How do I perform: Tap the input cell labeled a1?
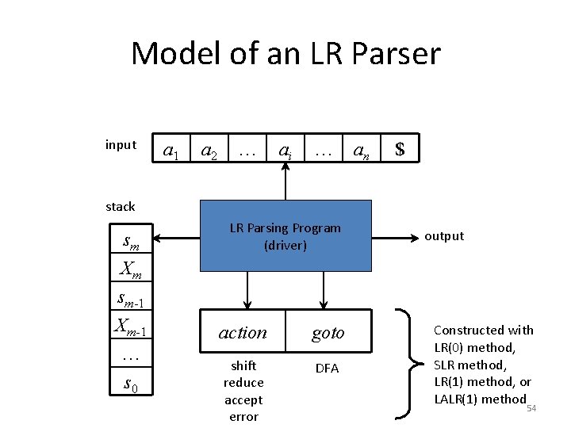coord(170,149)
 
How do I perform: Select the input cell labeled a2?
coord(209,149)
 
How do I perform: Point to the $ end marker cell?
coord(400,149)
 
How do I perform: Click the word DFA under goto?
coord(327,369)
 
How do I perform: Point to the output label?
coord(444,236)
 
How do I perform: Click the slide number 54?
coord(531,408)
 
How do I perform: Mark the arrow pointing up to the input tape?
coord(285,182)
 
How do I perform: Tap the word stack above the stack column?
coord(121,207)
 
